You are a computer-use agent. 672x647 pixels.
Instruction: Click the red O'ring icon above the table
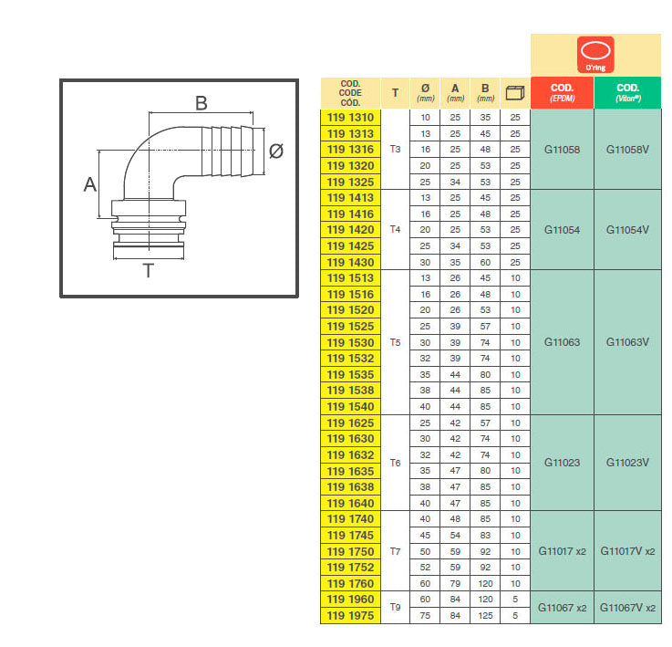coord(595,55)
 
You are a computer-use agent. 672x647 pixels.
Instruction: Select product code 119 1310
coord(350,118)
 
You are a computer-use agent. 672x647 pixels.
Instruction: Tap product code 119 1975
coord(350,616)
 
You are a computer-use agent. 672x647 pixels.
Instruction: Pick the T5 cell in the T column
coord(395,342)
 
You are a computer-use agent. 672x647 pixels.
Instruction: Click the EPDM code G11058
coord(562,150)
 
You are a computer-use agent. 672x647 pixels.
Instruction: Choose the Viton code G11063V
coord(627,342)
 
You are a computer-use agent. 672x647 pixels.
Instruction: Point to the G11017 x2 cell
coord(562,551)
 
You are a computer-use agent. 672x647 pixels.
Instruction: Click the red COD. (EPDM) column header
coord(563,93)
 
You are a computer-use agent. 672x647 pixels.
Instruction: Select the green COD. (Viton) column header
coord(628,93)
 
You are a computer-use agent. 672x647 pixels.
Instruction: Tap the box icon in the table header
coord(515,93)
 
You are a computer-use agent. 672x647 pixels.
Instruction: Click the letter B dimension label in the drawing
coord(201,103)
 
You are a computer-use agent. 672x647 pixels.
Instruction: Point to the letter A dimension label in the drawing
coord(90,185)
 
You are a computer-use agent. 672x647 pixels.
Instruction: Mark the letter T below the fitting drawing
coord(148,271)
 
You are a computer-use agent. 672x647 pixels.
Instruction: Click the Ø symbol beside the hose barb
coord(276,151)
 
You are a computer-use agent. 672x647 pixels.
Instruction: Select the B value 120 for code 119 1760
coord(485,583)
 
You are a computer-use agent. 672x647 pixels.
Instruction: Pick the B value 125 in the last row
coord(485,616)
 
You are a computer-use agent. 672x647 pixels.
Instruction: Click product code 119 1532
coord(350,359)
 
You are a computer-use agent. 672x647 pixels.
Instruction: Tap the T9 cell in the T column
coord(395,608)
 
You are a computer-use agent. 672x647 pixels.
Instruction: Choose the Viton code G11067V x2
coord(627,608)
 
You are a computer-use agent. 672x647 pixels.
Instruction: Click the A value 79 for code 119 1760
coord(455,583)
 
